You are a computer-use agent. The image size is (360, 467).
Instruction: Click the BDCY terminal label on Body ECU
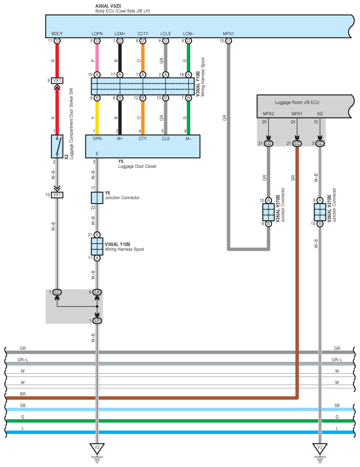[x=57, y=33]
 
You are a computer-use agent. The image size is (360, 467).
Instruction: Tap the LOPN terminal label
[x=97, y=33]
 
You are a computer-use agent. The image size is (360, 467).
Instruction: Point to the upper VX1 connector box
[x=57, y=81]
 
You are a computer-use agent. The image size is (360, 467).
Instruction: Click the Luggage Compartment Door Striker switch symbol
[x=57, y=146]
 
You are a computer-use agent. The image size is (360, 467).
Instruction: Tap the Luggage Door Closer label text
[x=137, y=166]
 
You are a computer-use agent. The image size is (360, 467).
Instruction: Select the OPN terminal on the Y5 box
[x=97, y=139]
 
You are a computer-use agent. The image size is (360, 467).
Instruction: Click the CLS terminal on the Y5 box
[x=165, y=139]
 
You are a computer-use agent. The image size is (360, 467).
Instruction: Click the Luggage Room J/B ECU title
[x=297, y=103]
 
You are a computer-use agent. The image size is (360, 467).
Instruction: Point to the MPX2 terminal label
[x=268, y=114]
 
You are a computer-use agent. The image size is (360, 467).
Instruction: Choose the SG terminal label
[x=320, y=114]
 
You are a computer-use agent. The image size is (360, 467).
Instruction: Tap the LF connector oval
[x=97, y=321]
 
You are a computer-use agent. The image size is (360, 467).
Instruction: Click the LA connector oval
[x=97, y=292]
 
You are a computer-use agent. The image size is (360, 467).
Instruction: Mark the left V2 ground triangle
[x=97, y=447]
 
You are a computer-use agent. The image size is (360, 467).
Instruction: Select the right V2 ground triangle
[x=320, y=447]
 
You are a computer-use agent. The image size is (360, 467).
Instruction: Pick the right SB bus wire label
[x=337, y=405]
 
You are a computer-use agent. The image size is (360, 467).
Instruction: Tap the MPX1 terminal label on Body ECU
[x=228, y=33]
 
